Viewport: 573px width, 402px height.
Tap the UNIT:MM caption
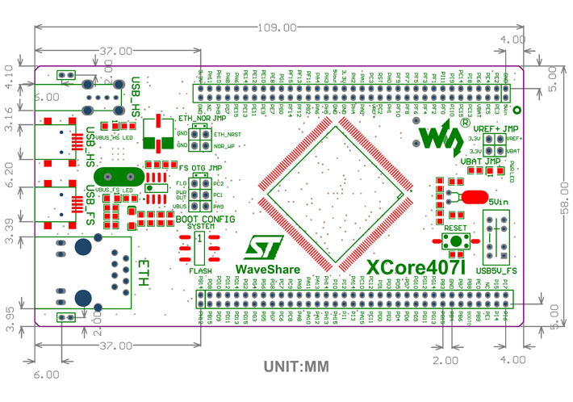click(x=296, y=366)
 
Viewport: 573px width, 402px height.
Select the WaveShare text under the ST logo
click(x=268, y=269)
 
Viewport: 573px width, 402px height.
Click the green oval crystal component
click(x=116, y=176)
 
